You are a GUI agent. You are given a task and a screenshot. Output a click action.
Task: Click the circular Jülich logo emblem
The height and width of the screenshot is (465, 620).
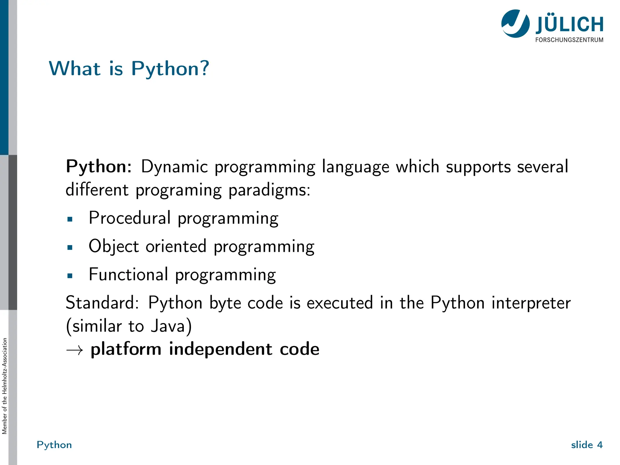pyautogui.click(x=515, y=24)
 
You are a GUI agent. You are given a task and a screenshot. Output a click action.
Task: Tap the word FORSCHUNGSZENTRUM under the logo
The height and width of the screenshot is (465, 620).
pyautogui.click(x=569, y=40)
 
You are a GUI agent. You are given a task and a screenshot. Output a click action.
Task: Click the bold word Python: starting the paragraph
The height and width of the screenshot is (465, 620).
pyautogui.click(x=99, y=167)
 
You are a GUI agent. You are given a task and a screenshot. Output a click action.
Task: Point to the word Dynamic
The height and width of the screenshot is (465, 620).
pyautogui.click(x=174, y=167)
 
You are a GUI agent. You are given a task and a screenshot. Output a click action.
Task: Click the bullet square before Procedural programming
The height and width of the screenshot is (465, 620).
pyautogui.click(x=70, y=219)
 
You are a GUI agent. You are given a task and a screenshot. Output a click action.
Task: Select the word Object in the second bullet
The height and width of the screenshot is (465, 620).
pyautogui.click(x=114, y=246)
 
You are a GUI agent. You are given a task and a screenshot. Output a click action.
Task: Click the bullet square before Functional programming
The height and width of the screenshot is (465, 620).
pyautogui.click(x=70, y=276)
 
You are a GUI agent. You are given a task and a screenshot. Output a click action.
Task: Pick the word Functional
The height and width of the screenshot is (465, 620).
pyautogui.click(x=128, y=275)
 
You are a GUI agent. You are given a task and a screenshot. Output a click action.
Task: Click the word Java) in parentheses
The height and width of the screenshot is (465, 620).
pyautogui.click(x=171, y=326)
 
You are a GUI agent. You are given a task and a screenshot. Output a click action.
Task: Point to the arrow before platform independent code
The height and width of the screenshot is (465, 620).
pyautogui.click(x=74, y=350)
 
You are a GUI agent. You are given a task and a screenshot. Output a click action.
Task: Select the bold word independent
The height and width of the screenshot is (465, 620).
pyautogui.click(x=220, y=349)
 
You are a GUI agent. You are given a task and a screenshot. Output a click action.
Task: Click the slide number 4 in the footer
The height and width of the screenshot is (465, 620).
pyautogui.click(x=600, y=445)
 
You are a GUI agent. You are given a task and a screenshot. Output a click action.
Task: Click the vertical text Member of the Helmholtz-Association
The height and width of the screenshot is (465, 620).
pyautogui.click(x=4, y=386)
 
